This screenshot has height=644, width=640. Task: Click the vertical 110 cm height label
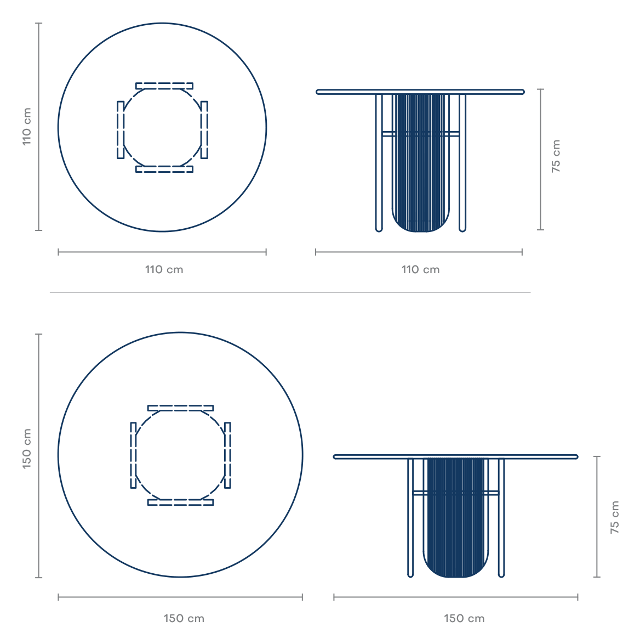coord(27,127)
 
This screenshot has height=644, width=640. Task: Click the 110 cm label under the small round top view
coord(164,270)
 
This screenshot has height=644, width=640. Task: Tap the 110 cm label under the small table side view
coord(420,270)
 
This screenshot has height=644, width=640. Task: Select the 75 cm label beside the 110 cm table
coord(556,156)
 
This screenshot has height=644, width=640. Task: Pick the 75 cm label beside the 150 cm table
coord(615,517)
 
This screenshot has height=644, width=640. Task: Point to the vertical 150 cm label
coord(27,449)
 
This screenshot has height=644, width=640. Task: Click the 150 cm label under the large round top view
coord(184,619)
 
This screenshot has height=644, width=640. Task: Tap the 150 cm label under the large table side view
coord(464,619)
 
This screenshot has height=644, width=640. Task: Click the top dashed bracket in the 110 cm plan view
coord(164,86)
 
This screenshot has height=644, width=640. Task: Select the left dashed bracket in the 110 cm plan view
coord(121,130)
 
